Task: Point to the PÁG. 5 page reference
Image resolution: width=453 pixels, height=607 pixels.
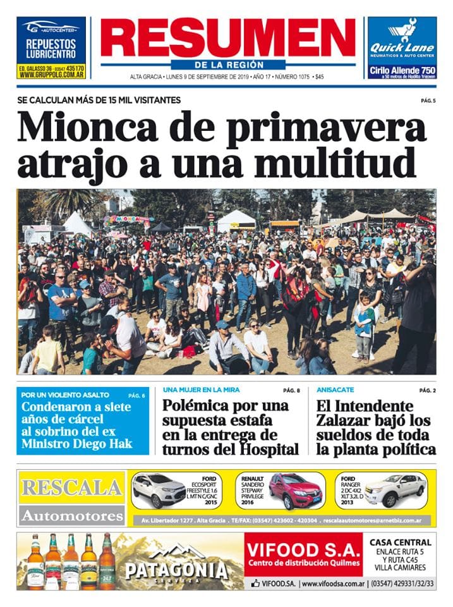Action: pos(428,101)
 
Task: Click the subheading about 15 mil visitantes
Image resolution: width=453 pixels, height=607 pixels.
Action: pos(99,100)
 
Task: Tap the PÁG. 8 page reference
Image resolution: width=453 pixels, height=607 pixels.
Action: pos(291,390)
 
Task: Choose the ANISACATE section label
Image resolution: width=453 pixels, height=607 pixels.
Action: pos(335,390)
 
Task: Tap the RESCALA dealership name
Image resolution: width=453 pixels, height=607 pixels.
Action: pos(71,487)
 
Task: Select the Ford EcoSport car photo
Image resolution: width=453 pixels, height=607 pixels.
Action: pos(159,490)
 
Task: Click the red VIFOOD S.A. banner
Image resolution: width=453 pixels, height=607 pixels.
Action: pos(303,553)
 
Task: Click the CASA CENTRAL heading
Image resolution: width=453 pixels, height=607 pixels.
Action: pos(401,542)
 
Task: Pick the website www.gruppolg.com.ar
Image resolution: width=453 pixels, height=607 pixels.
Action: pos(52,74)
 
